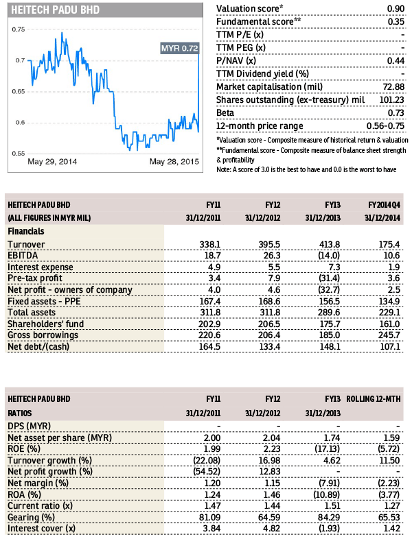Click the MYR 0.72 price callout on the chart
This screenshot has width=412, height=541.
point(180,48)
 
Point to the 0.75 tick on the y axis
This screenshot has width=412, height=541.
point(19,29)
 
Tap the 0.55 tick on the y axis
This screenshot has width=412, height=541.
point(19,154)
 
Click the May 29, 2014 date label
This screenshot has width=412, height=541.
point(52,161)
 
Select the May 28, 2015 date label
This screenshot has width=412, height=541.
point(174,161)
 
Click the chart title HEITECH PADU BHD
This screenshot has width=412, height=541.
point(56,10)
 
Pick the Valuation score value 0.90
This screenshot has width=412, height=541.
point(396,9)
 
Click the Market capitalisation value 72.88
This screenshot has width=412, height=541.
point(393,86)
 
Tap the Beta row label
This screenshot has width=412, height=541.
point(225,113)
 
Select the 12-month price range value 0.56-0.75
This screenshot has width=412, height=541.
point(385,126)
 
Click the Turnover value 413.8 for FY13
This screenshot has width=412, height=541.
point(330,244)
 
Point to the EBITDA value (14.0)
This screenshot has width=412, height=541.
point(329,255)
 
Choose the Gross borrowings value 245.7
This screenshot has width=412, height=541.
point(389,335)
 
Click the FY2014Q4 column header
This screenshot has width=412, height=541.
point(384,205)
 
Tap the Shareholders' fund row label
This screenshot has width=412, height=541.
point(45,324)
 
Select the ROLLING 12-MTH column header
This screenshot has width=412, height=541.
point(374,399)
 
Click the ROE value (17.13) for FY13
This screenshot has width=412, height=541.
point(327,449)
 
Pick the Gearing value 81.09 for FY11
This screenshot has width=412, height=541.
point(209,517)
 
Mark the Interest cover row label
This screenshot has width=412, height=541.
point(41,529)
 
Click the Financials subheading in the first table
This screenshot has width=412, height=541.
point(26,231)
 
